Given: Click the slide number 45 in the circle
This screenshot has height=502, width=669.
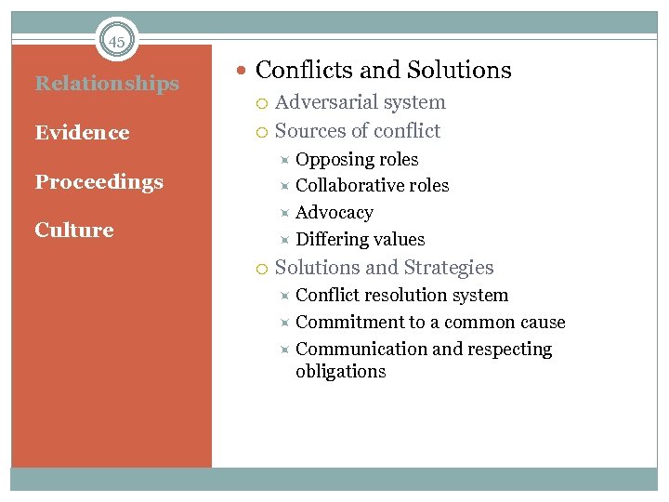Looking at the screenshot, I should [x=116, y=42].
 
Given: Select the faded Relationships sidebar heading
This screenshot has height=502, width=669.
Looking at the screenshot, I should [x=107, y=84].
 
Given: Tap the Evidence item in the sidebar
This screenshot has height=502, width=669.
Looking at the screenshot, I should [x=82, y=133].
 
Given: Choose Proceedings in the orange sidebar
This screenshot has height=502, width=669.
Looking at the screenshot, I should [x=98, y=182].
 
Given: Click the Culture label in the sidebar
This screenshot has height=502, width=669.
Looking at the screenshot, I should [x=74, y=231].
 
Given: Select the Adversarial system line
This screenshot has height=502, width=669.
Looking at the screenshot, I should [x=361, y=103].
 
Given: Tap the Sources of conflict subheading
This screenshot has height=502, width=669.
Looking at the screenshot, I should [x=358, y=131].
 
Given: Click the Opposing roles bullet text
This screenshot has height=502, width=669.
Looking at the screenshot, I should [x=357, y=160].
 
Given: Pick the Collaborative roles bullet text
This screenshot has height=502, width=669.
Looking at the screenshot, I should [x=372, y=186].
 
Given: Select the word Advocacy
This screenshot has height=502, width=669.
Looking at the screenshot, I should [x=334, y=213].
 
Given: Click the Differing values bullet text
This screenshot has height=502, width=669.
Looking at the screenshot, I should [x=360, y=240].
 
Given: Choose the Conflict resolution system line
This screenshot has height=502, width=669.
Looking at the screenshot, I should [x=401, y=296].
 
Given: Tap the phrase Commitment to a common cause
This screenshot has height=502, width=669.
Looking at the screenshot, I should [x=430, y=323].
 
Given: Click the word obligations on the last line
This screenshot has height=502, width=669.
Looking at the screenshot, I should [x=340, y=372].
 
